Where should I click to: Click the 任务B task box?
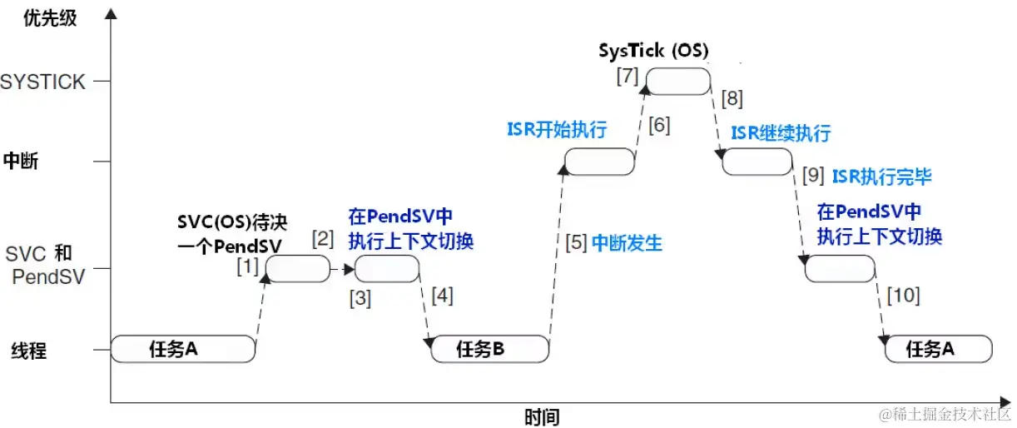[490, 350]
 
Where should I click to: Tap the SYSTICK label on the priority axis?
[43, 82]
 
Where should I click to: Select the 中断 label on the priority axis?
[21, 161]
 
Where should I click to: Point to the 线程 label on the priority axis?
[29, 351]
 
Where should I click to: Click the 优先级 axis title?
[50, 17]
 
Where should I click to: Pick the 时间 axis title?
[542, 416]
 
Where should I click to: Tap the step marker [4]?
[442, 296]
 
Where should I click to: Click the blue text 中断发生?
[627, 244]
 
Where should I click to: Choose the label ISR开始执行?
[557, 130]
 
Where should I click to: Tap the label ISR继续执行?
[781, 133]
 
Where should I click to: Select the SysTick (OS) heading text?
[653, 51]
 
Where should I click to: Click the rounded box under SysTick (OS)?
[678, 82]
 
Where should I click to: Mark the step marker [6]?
[658, 126]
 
